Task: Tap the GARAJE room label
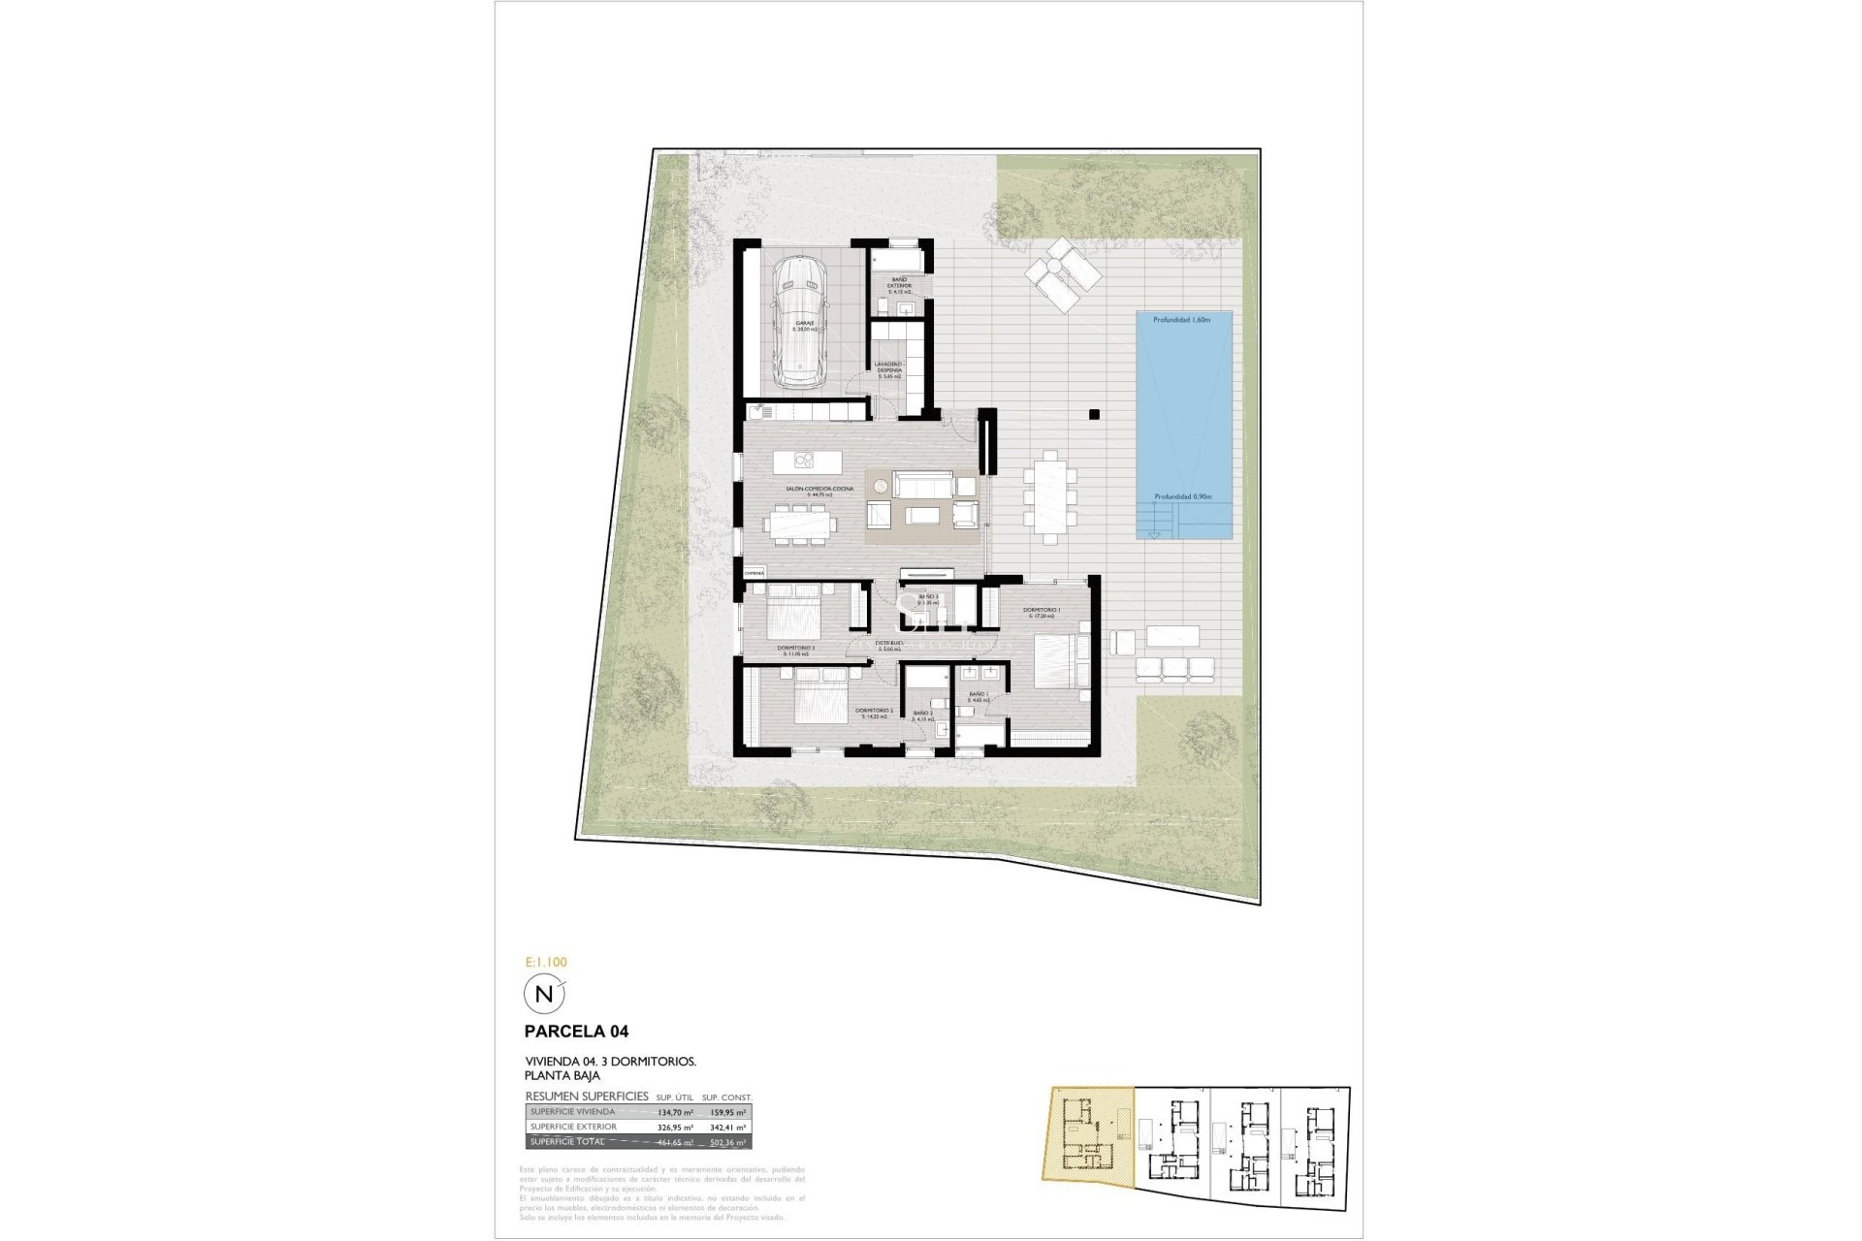click(805, 325)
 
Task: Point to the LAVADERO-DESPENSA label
click(889, 367)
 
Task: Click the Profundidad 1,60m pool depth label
click(1182, 319)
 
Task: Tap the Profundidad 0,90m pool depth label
click(1182, 496)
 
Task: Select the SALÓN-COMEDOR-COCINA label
click(820, 490)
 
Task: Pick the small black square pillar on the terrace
click(1094, 414)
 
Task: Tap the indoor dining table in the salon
click(800, 525)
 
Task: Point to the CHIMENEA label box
click(754, 574)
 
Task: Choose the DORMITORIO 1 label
click(1042, 611)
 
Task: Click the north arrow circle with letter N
click(543, 994)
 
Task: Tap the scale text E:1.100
click(545, 963)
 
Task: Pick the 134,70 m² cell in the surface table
click(676, 1112)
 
